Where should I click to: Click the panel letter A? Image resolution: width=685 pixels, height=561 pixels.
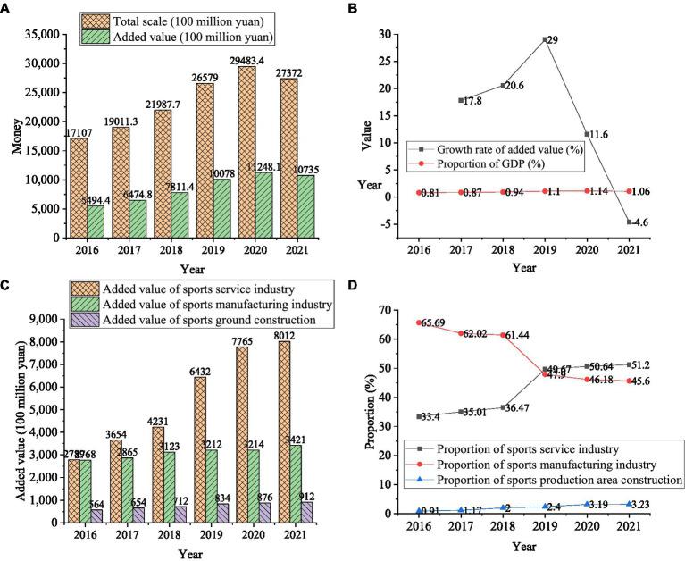click(8, 8)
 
